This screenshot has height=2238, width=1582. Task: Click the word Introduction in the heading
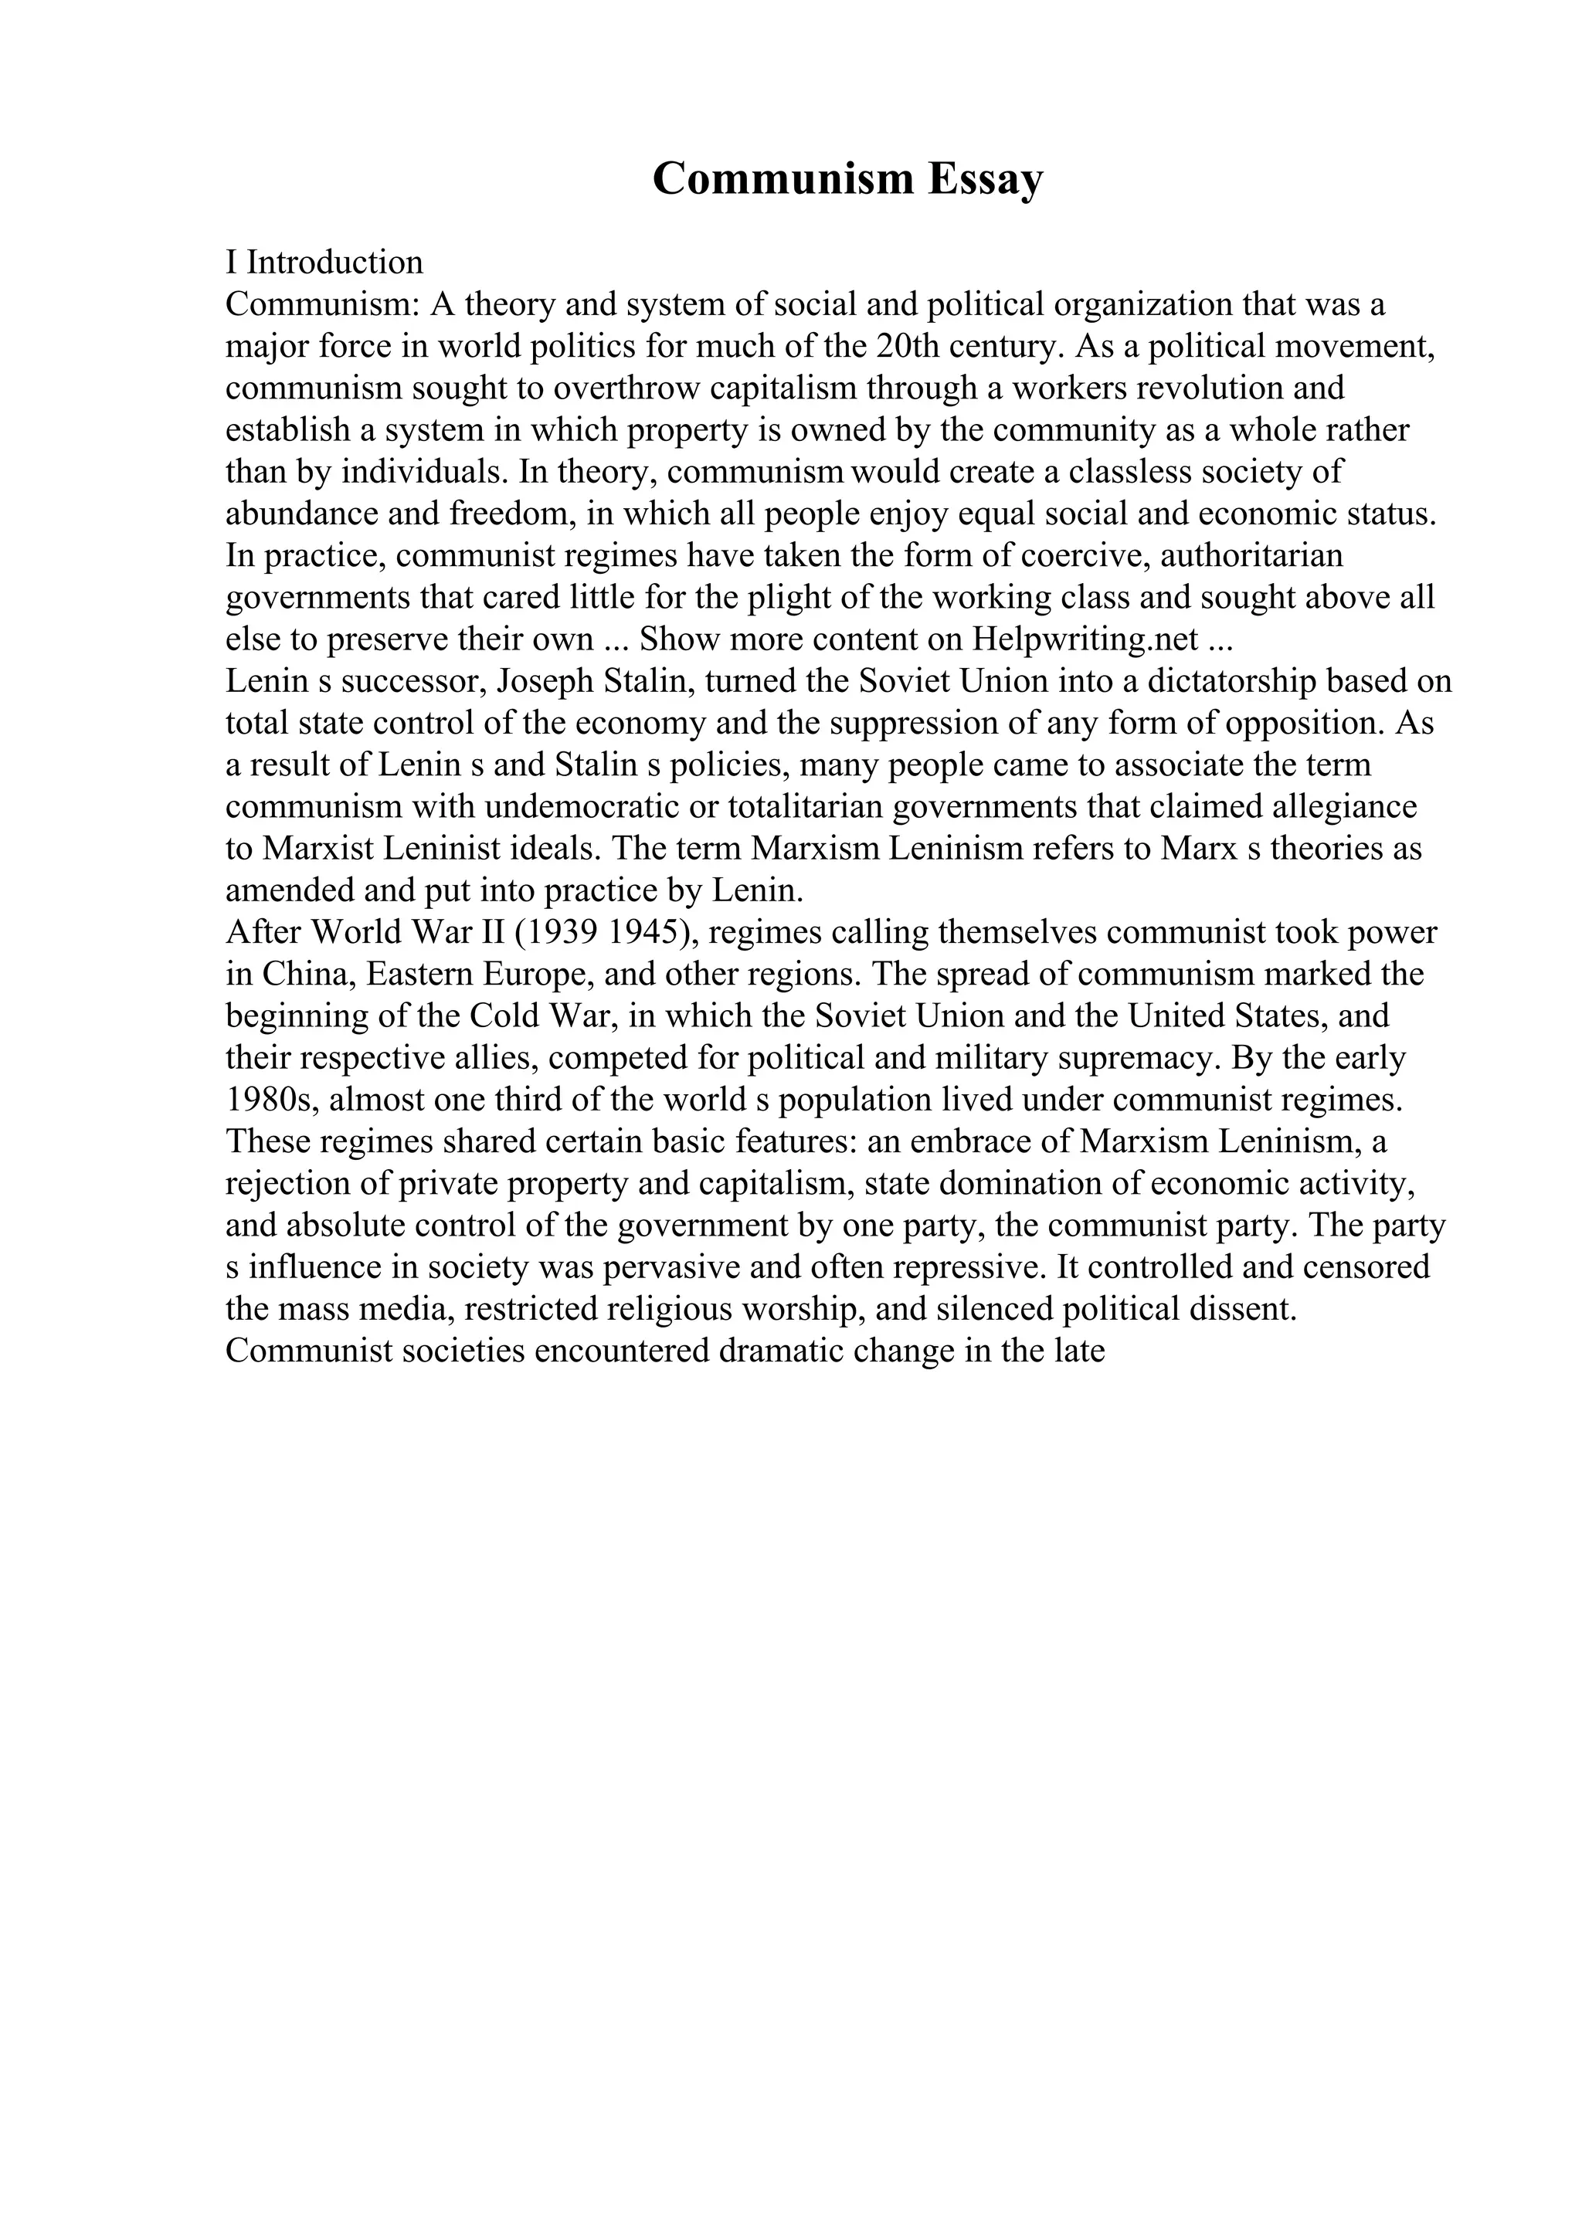point(334,263)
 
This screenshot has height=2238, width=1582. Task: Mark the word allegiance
point(1341,806)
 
